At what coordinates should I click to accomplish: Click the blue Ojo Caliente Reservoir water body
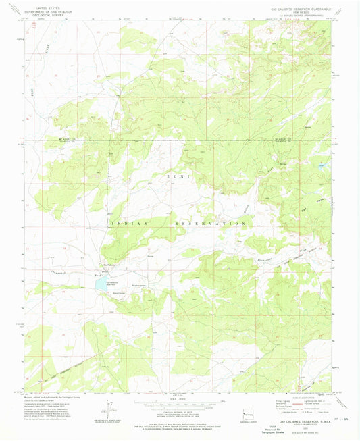[101, 284]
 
